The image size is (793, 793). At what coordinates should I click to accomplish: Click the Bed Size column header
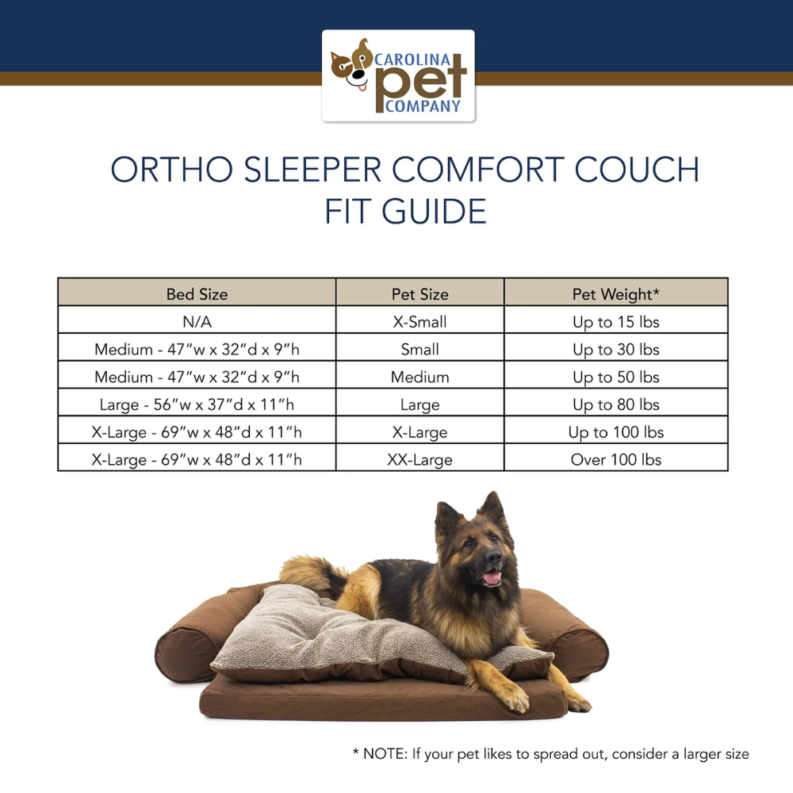click(x=197, y=294)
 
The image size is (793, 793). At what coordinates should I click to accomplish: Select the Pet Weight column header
click(x=615, y=294)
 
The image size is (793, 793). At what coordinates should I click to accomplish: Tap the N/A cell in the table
click(x=197, y=322)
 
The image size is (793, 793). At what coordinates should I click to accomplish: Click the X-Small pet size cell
click(x=419, y=322)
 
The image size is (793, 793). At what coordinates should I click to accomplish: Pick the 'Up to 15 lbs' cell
click(x=615, y=322)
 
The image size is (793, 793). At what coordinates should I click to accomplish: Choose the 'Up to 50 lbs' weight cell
click(x=615, y=377)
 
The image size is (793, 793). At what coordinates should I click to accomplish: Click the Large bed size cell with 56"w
click(x=197, y=404)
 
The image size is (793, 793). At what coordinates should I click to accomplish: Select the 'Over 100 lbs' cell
click(x=615, y=460)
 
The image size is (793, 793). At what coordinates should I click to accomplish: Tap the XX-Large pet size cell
click(x=419, y=460)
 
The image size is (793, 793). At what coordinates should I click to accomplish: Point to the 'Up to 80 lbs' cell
click(x=615, y=404)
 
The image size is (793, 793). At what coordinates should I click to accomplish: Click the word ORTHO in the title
click(x=172, y=170)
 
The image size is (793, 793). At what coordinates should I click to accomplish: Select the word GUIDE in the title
click(x=434, y=212)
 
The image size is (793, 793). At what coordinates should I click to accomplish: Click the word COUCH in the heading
click(x=637, y=170)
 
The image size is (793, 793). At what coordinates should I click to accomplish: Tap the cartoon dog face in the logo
click(x=351, y=66)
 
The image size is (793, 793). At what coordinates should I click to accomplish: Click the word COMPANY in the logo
click(x=423, y=106)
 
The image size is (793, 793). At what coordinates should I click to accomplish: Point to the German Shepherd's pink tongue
click(x=492, y=577)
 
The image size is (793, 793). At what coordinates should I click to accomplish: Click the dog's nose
click(x=493, y=557)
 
